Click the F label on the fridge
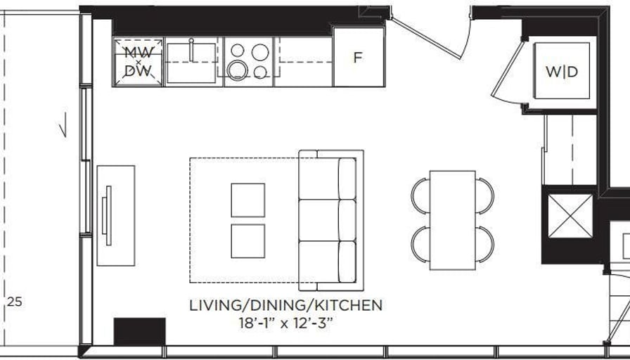358,58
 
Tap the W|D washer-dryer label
562,72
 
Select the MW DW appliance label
138,62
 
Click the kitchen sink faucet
191,49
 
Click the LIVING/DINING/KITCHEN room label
285,305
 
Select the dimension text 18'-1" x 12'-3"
285,323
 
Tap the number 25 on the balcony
15,302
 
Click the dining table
452,220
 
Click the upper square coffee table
248,200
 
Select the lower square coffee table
248,241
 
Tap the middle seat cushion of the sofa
328,220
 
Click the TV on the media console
107,215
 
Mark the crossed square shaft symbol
570,216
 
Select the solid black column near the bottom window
139,331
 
